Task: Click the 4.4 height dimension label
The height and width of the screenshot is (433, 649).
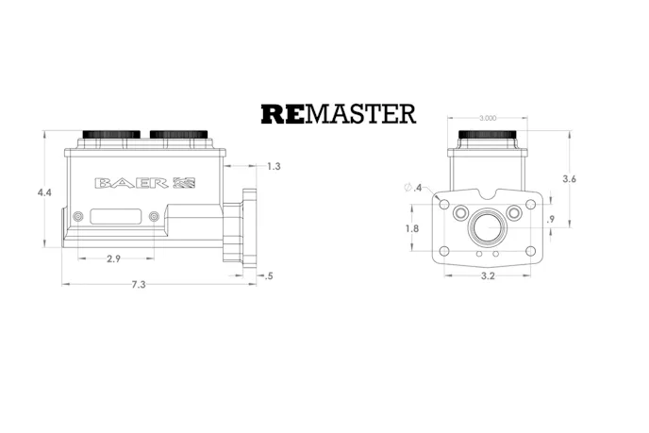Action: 44,192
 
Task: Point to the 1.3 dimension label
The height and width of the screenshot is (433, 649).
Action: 274,166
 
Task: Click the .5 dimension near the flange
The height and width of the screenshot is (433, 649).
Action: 271,275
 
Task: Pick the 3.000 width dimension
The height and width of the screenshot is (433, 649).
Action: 488,118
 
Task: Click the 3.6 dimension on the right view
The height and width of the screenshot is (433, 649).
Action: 569,178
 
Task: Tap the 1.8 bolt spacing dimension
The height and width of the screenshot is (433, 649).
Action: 411,228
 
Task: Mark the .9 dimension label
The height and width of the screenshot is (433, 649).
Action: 551,220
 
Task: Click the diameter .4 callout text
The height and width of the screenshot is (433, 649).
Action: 412,189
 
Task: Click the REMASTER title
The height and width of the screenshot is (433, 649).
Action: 338,114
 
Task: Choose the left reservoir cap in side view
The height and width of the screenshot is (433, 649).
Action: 111,135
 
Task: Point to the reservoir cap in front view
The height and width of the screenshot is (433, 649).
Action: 487,135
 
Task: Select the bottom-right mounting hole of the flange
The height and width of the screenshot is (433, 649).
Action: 530,250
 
